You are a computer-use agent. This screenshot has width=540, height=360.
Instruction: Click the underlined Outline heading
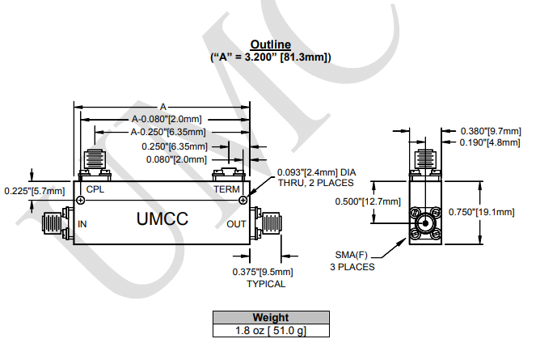(x=270, y=44)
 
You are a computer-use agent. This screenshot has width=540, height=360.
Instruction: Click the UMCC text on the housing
(x=162, y=218)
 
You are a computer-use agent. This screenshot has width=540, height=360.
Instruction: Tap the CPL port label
(x=95, y=189)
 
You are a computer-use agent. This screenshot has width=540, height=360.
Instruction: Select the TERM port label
(x=226, y=189)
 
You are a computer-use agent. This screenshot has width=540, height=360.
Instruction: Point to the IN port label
(x=82, y=224)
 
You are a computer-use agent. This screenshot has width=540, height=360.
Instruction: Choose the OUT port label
(x=236, y=224)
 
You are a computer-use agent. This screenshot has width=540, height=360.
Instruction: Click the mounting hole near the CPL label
(x=81, y=200)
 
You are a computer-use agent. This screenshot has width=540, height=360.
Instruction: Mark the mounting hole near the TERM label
(x=243, y=200)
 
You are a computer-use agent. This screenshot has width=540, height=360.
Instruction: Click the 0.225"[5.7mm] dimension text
(x=35, y=191)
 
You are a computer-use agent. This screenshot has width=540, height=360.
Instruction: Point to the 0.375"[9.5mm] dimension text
(x=263, y=272)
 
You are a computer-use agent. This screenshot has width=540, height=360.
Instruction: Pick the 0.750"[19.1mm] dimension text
(x=482, y=212)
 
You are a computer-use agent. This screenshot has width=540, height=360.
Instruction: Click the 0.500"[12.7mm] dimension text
(x=368, y=201)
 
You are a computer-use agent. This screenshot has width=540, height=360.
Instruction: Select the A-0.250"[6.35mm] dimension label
(x=168, y=132)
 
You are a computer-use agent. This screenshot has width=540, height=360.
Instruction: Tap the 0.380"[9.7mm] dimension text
(x=491, y=131)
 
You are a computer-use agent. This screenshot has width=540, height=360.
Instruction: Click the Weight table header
(x=271, y=317)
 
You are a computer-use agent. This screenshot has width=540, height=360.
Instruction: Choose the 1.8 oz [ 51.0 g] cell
(x=271, y=330)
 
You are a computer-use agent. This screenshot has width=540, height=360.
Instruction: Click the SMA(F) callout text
(x=352, y=255)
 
